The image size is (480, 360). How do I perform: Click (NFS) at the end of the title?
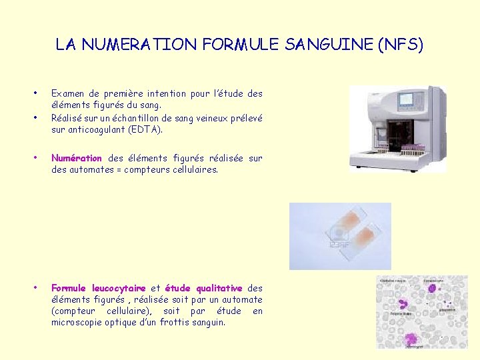pos(399,45)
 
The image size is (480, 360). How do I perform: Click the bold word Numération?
pos(76,158)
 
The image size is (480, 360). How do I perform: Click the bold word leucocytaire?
pos(119,288)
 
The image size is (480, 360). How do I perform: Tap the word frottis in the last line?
pos(165,322)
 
